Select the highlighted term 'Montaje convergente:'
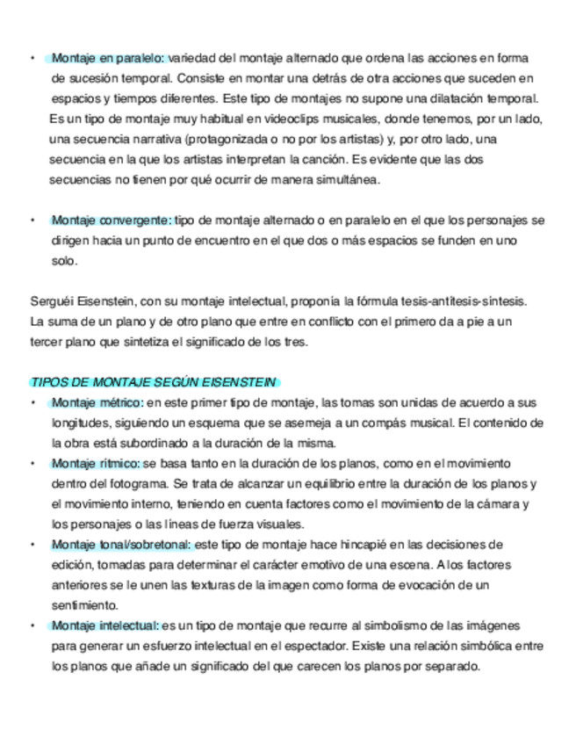click(111, 220)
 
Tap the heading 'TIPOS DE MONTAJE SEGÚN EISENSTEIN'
click(153, 382)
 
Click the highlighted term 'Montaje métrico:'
click(97, 402)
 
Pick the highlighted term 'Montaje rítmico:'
click(96, 463)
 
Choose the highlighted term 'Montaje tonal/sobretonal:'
click(121, 545)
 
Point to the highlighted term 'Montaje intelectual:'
click(105, 626)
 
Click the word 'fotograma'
click(133, 483)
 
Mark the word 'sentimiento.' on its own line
click(83, 605)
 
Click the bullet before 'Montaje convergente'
click(32, 221)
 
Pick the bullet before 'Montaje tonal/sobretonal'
click(32, 546)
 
